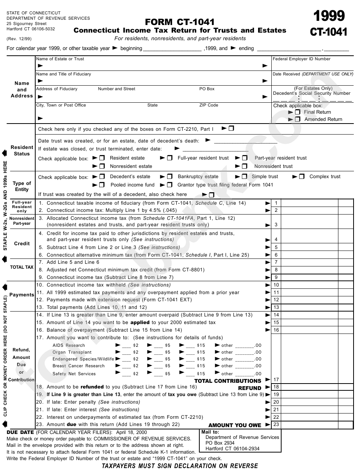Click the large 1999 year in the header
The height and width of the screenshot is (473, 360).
tap(329, 16)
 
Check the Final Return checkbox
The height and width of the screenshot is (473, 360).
tap(297, 112)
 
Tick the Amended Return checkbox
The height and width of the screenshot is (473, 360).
tap(297, 119)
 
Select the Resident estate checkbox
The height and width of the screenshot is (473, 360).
tap(102, 158)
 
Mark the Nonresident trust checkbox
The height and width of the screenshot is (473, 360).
tap(245, 166)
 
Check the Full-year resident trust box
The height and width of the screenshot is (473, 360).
tap(170, 158)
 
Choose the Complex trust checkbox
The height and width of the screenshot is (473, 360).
tap(302, 177)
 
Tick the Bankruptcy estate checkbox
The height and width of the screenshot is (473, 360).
tap(170, 177)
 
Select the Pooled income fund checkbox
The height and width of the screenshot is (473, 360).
tap(102, 185)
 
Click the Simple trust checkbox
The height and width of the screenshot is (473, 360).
tap(245, 177)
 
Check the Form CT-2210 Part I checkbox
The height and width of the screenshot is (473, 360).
tap(231, 128)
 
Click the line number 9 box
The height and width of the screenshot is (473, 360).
tap(276, 277)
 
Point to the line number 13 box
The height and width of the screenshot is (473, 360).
tap(276, 307)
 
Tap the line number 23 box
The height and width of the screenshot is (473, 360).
tap(276, 424)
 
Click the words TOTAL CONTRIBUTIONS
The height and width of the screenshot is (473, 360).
tap(228, 381)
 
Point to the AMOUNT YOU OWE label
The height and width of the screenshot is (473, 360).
tap(235, 425)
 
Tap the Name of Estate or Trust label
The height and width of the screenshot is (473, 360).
tap(60, 59)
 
